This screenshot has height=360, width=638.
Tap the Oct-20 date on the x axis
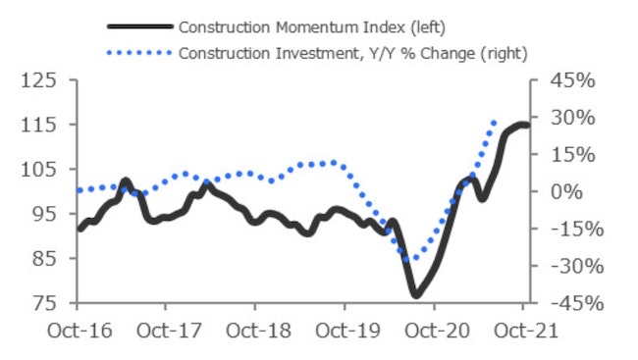[433, 331]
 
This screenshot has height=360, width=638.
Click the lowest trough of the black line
[416, 294]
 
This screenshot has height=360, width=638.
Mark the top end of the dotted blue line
[495, 121]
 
